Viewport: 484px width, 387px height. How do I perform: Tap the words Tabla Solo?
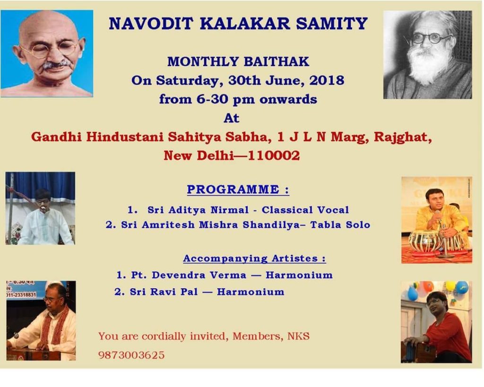coord(340,224)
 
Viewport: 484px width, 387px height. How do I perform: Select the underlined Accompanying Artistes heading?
coord(255,258)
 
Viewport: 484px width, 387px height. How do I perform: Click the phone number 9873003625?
coord(131,355)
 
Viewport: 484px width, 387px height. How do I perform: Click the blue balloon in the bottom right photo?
coord(462,287)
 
